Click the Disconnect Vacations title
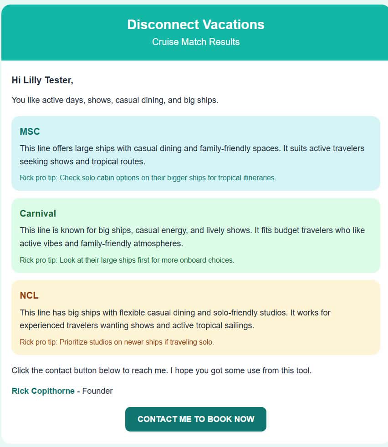point(195,25)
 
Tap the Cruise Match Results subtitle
point(195,42)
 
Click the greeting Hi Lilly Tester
point(42,81)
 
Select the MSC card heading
point(30,132)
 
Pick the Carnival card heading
point(38,213)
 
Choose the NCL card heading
point(29,295)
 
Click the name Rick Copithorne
point(43,391)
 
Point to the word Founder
point(97,391)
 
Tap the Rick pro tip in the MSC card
point(148,178)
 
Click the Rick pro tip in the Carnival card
point(127,260)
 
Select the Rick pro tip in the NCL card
point(117,342)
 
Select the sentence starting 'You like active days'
point(115,100)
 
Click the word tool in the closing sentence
point(303,371)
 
